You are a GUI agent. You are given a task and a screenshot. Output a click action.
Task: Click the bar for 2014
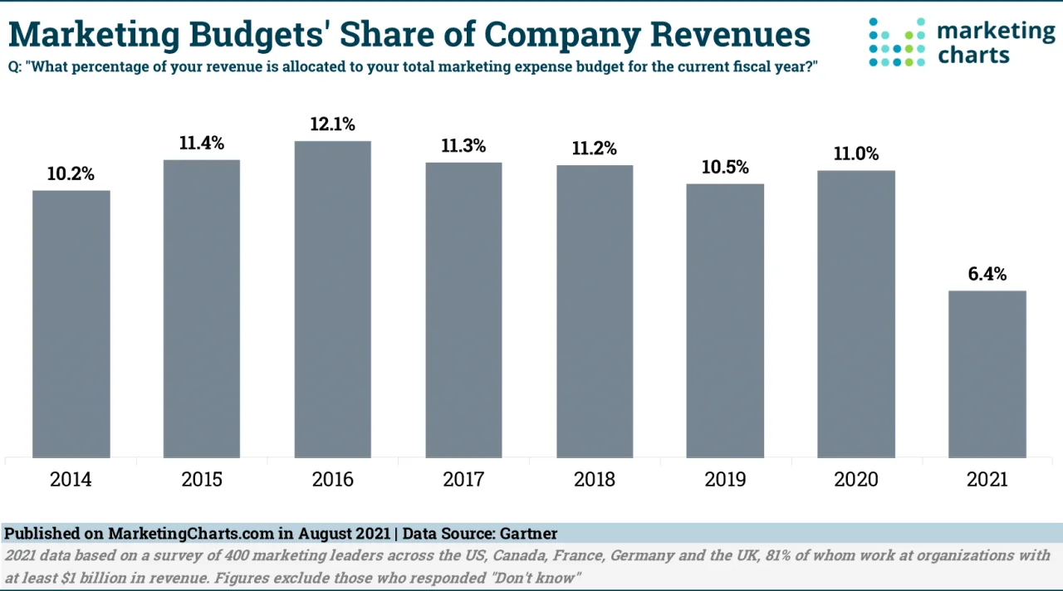(x=71, y=324)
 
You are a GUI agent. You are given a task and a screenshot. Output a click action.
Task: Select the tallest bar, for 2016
(x=333, y=299)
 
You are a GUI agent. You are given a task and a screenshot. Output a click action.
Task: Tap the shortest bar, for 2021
(x=987, y=374)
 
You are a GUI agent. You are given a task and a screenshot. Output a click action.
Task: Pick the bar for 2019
(x=725, y=320)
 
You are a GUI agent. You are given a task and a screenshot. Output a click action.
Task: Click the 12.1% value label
(x=333, y=125)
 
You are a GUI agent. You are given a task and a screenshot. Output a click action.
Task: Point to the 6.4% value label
(x=987, y=274)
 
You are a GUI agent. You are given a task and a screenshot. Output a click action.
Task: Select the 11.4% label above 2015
(x=202, y=143)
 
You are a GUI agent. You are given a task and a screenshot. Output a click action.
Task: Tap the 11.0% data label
(x=856, y=154)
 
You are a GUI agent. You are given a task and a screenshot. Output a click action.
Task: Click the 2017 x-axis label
(x=463, y=480)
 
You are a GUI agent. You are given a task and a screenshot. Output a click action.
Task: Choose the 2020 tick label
(x=856, y=480)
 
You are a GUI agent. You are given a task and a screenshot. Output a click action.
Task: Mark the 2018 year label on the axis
(x=595, y=480)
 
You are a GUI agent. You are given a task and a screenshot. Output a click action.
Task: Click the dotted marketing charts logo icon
(x=896, y=42)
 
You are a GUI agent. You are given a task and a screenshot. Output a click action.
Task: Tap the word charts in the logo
(x=973, y=56)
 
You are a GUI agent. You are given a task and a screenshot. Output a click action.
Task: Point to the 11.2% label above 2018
(x=595, y=149)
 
